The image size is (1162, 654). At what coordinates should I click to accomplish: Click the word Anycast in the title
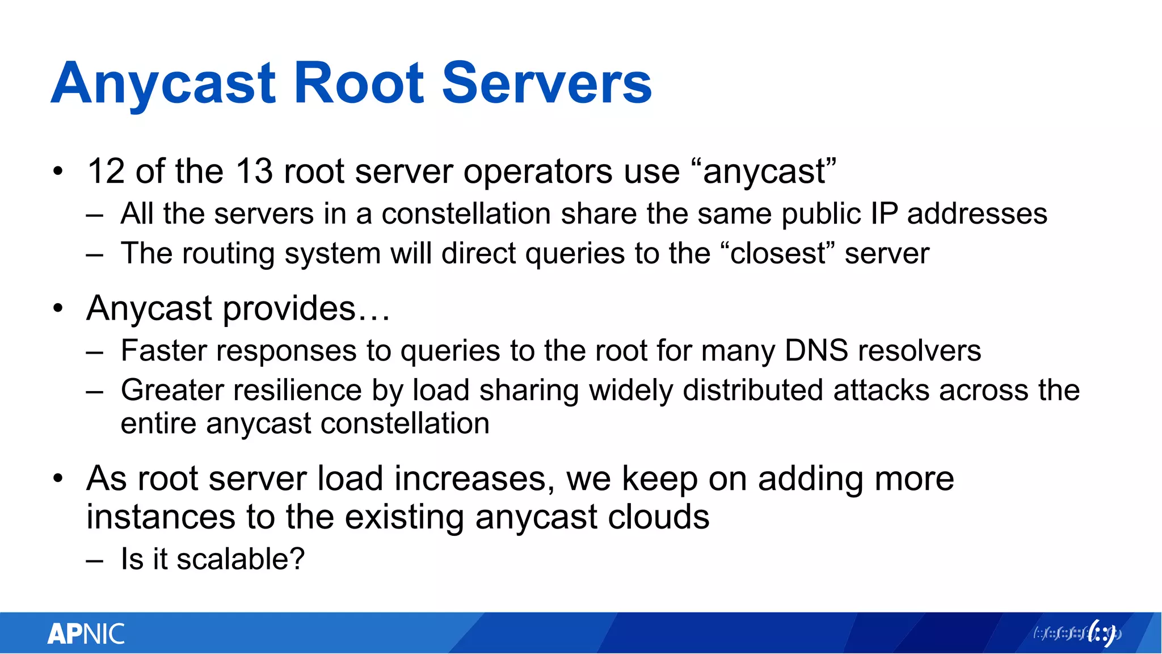[163, 84]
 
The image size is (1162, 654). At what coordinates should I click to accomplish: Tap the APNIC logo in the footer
[86, 634]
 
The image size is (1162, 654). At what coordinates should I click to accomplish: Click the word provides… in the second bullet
[306, 309]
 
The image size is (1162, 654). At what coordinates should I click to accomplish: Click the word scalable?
[241, 559]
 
